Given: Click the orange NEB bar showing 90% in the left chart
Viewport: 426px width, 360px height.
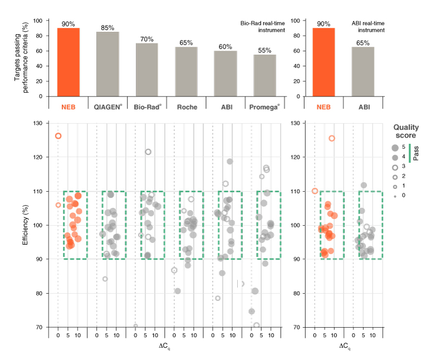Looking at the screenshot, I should tap(68, 62).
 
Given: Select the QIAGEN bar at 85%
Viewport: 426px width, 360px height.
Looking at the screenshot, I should tap(108, 64).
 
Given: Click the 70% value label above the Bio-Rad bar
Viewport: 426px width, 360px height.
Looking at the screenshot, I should tap(147, 39).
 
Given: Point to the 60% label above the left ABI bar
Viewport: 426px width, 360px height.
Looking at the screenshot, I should tap(226, 47).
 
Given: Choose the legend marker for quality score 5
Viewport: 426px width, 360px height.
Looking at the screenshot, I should tap(395, 148).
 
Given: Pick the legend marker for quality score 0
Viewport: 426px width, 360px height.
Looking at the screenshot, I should tap(395, 195).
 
